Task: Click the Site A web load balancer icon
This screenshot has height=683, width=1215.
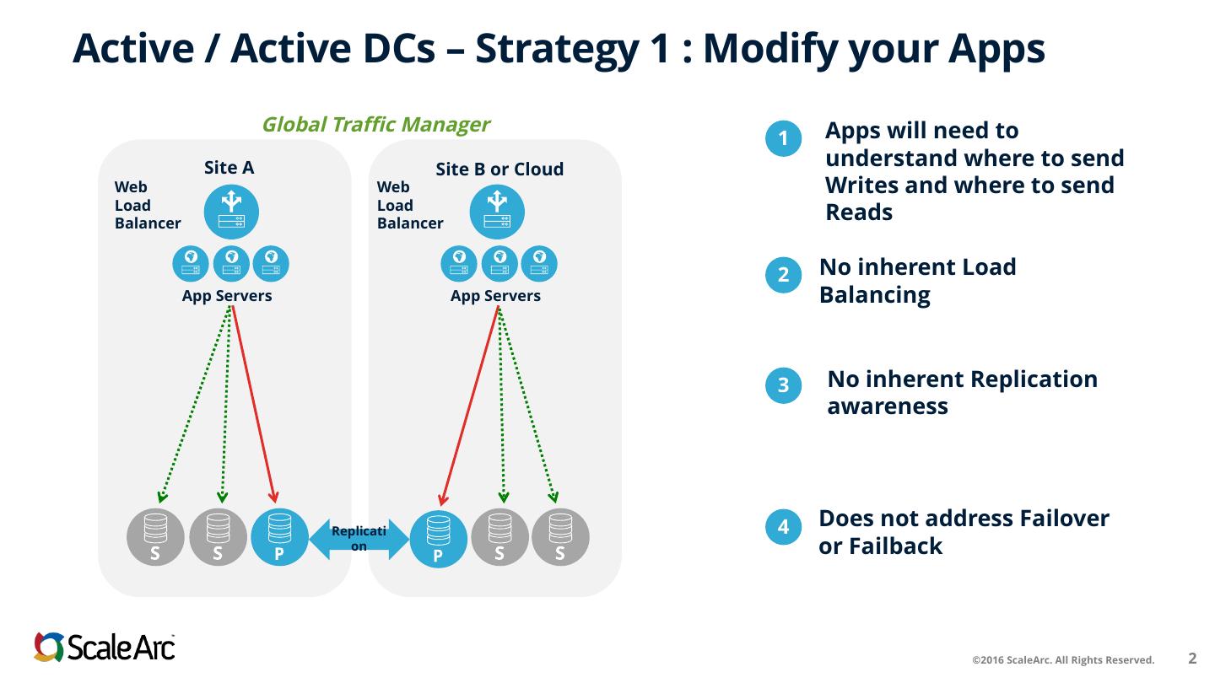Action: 231,212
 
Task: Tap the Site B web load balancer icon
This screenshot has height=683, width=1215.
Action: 497,212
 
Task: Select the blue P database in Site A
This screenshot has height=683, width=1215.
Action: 280,537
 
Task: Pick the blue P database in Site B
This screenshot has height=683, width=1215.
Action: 438,539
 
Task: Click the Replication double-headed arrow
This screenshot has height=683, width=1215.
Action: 359,539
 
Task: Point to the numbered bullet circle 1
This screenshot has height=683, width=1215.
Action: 783,139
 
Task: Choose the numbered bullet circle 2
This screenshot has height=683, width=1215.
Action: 783,275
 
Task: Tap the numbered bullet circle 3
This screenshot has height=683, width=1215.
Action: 783,385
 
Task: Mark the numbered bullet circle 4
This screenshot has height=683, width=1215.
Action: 783,527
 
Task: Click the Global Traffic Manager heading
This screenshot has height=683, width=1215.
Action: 376,125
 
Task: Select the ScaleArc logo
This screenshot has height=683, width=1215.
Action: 104,647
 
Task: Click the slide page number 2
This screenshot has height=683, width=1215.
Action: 1192,658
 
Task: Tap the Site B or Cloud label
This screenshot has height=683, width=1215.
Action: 499,169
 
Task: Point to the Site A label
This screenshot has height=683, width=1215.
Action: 229,168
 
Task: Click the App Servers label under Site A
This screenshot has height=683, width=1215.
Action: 227,296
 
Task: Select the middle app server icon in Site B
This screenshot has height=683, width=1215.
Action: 499,264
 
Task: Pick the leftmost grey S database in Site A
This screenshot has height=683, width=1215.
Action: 155,537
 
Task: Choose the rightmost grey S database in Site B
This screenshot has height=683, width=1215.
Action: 560,537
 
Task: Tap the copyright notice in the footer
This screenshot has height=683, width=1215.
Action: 1063,659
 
